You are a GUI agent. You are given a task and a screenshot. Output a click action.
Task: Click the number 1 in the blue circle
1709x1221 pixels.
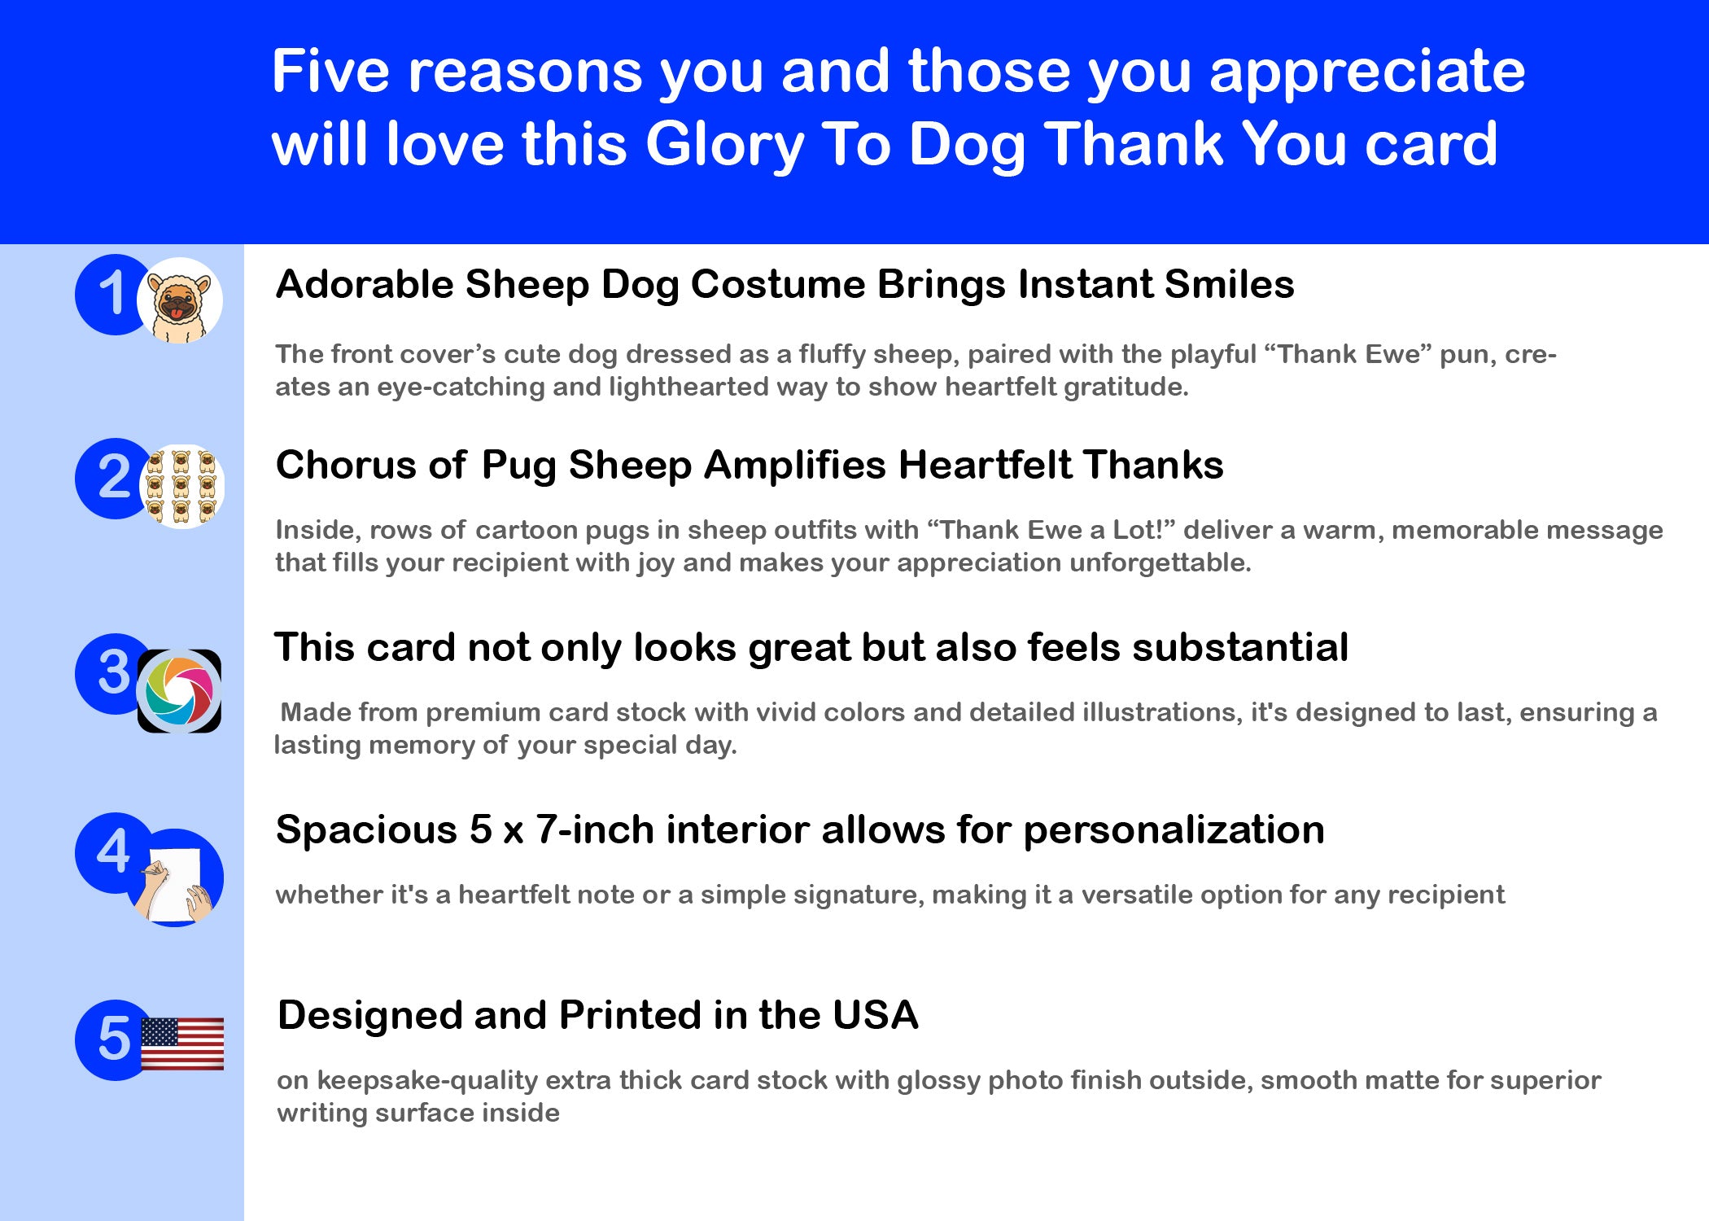coord(113,294)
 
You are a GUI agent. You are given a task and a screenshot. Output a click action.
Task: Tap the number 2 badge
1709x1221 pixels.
coord(113,478)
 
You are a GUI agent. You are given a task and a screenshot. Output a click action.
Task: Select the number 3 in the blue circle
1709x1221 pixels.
coord(113,673)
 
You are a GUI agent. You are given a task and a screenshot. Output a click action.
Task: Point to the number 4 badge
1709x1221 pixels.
coord(113,852)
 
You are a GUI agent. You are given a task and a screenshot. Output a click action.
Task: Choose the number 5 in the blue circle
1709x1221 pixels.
coord(113,1039)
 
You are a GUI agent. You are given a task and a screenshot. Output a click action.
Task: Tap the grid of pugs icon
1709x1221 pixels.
coord(181,486)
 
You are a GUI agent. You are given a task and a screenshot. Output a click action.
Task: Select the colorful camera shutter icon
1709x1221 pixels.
coord(179,691)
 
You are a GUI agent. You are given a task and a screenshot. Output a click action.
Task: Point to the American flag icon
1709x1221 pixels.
coord(182,1044)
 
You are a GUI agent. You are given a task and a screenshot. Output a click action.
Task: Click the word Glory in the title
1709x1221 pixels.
coord(724,145)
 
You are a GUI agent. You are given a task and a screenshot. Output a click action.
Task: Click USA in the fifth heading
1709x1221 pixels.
coord(876,1015)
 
